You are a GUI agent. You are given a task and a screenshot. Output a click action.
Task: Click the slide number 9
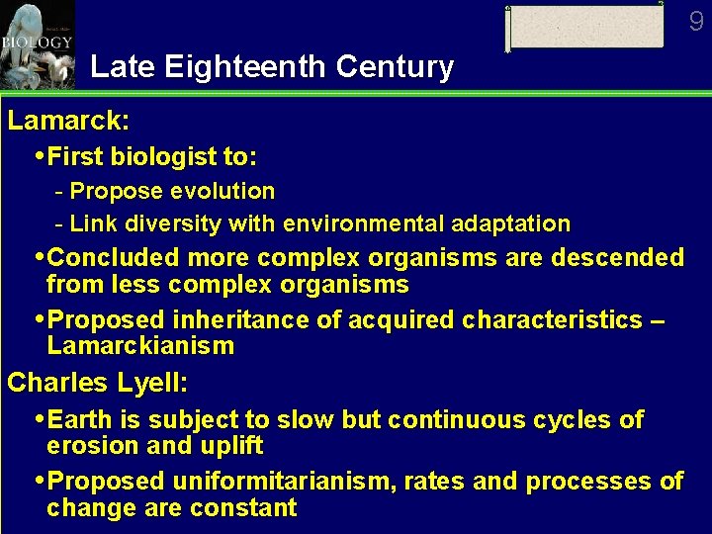coord(696,21)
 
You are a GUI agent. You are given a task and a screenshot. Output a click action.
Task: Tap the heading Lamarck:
coord(68,122)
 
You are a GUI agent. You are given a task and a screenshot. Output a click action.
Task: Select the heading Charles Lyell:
coord(98,383)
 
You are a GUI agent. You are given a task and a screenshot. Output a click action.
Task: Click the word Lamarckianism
coord(140,346)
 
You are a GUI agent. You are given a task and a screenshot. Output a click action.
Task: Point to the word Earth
coord(77,419)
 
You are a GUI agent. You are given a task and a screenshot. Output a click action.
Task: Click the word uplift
coord(229,446)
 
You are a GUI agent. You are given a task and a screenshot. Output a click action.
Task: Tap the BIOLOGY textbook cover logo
coord(37,44)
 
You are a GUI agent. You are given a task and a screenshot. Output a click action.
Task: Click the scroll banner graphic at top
coord(585,27)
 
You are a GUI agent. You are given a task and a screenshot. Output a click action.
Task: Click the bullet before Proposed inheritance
coord(39,320)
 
